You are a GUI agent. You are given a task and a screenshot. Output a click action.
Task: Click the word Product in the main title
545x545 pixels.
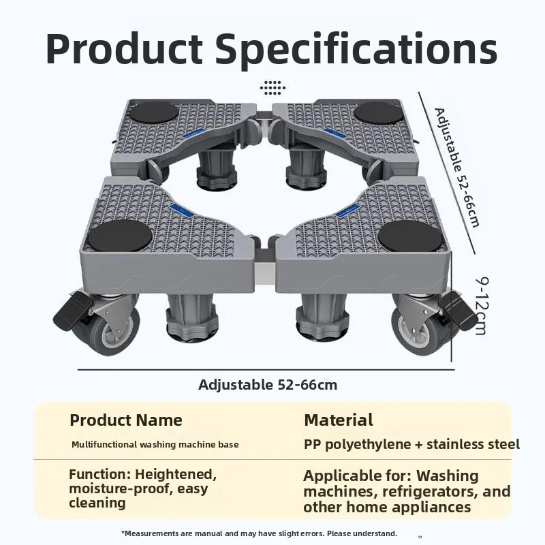pyautogui.click(x=124, y=48)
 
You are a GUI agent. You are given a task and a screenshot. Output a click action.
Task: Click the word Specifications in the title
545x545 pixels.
pyautogui.click(x=356, y=50)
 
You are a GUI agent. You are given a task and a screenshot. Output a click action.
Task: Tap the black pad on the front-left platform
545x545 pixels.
pyautogui.click(x=119, y=235)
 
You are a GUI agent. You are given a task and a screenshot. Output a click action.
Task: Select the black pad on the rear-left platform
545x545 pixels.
pyautogui.click(x=153, y=113)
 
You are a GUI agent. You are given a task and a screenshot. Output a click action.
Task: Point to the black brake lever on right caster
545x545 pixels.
pyautogui.click(x=457, y=311)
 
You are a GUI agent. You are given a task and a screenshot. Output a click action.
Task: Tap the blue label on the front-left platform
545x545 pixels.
pyautogui.click(x=181, y=211)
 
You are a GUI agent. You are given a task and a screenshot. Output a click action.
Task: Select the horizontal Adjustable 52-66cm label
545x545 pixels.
pyautogui.click(x=268, y=385)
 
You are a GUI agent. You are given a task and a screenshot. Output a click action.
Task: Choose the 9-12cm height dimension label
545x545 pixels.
pyautogui.click(x=482, y=306)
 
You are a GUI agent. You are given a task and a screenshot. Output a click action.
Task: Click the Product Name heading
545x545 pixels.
pyautogui.click(x=126, y=420)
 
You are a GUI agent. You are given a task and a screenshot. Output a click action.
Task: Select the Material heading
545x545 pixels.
pyautogui.click(x=339, y=420)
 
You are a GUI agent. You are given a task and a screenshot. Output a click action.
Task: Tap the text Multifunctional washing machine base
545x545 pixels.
pyautogui.click(x=155, y=445)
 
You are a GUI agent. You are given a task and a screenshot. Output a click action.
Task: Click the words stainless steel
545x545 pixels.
pyautogui.click(x=473, y=444)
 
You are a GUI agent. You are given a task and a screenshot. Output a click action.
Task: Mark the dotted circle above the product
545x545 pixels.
pyautogui.click(x=272, y=88)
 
